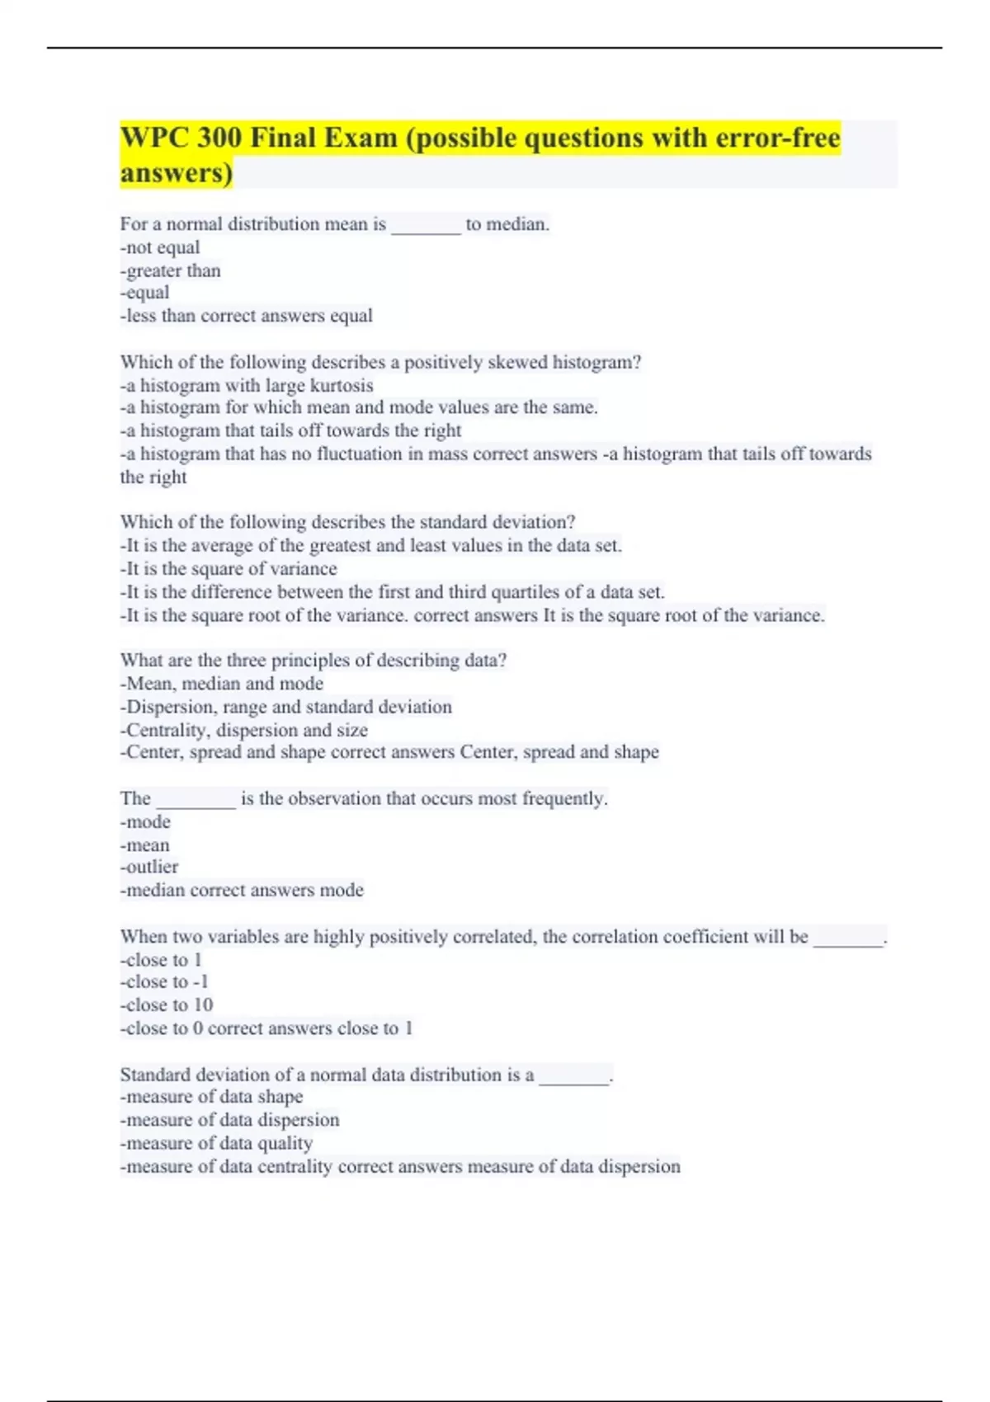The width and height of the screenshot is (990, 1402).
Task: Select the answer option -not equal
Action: click(x=160, y=247)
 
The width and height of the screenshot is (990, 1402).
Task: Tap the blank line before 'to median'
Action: click(x=426, y=225)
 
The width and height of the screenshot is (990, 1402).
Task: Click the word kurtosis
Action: click(x=342, y=385)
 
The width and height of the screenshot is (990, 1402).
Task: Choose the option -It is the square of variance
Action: click(x=229, y=568)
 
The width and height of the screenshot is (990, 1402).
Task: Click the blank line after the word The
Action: click(x=196, y=799)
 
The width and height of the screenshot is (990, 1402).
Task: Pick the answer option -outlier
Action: click(x=149, y=867)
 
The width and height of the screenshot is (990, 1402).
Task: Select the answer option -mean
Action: click(x=145, y=844)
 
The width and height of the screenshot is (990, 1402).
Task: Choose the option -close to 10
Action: click(x=167, y=1004)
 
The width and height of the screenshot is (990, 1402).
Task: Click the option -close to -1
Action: click(x=164, y=981)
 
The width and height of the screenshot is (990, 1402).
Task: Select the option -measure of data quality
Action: click(x=216, y=1143)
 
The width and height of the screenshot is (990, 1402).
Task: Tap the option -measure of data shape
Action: click(x=211, y=1097)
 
